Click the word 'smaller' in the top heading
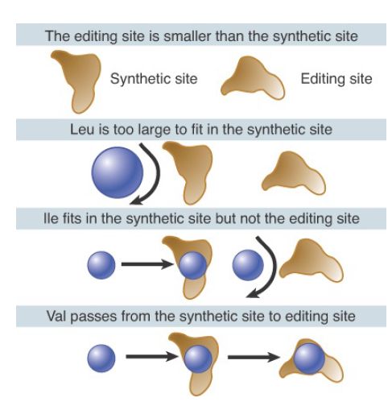click(188, 35)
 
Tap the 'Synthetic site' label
click(154, 79)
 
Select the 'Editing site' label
click(336, 79)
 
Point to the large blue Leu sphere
click(118, 172)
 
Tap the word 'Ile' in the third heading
click(51, 218)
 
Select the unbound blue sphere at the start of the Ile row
click(101, 265)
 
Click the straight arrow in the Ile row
click(147, 264)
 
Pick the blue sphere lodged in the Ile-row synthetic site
click(192, 266)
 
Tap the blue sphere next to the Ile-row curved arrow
click(248, 265)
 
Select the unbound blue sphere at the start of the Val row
click(101, 358)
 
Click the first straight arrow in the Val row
click(152, 357)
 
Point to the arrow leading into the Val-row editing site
click(254, 357)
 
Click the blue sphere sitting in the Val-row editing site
click(309, 358)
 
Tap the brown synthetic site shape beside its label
click(78, 81)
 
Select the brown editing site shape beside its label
click(252, 79)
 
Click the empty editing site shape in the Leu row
click(294, 173)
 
